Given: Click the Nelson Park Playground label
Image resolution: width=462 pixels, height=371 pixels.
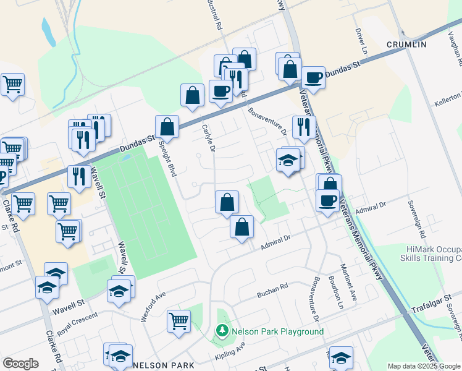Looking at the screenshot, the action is (278, 332).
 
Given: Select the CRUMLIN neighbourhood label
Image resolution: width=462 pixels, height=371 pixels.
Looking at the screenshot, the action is (406, 45).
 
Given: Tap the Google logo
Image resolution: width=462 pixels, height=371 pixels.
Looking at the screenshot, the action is (20, 364).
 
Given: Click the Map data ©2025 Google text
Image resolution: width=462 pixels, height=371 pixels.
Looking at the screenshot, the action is (424, 366).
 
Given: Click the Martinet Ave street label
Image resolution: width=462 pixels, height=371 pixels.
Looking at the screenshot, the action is (354, 287).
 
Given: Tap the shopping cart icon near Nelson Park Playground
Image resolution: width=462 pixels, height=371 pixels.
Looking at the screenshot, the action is (178, 321).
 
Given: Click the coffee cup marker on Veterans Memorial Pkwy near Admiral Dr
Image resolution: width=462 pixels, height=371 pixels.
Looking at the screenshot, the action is (327, 200).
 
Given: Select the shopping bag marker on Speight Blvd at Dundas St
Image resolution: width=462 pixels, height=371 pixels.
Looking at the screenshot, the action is (167, 127).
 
